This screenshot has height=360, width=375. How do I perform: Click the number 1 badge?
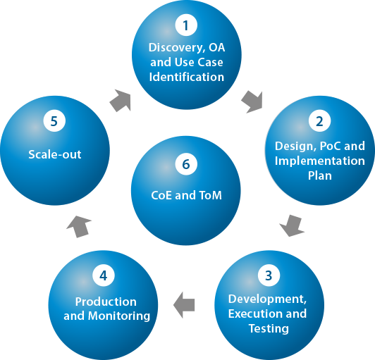186,25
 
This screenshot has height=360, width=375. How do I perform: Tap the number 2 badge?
319,120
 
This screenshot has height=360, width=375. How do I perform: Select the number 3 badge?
269,275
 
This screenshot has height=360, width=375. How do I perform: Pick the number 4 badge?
104,275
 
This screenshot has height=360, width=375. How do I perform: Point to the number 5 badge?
54,120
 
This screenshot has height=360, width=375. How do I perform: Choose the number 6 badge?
186,164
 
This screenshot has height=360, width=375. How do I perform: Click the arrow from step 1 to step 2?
252,102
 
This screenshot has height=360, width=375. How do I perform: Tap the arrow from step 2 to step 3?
292,226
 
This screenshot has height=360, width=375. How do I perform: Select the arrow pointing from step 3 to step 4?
184,305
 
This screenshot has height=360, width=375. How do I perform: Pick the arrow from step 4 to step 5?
79,227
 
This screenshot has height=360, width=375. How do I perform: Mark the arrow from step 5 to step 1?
121,101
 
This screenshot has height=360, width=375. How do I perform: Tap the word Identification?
187,77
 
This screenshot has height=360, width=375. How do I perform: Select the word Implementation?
320,161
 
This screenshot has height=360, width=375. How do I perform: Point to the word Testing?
269,329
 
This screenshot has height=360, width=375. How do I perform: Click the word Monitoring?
119,316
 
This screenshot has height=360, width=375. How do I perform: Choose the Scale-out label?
55,154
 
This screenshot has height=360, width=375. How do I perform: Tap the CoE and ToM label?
186,195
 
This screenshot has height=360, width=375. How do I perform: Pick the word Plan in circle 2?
320,175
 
